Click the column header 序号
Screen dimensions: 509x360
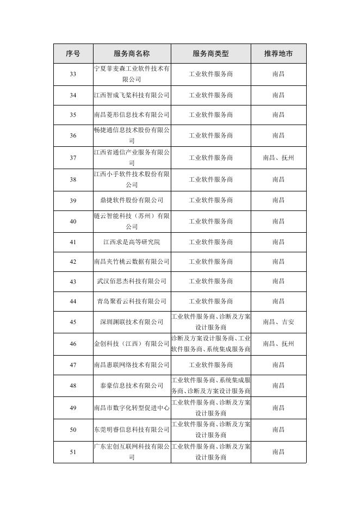pyautogui.click(x=73, y=53)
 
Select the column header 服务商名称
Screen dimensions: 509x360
pyautogui.click(x=132, y=53)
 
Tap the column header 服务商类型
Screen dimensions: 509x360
pyautogui.click(x=210, y=53)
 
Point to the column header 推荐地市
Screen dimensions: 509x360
pyautogui.click(x=278, y=53)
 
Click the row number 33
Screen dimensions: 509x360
pyautogui.click(x=73, y=74)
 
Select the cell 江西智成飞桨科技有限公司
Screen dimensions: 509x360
pyautogui.click(x=132, y=95)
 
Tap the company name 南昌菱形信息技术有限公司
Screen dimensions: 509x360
pyautogui.click(x=132, y=115)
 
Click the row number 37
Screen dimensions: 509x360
pyautogui.click(x=73, y=158)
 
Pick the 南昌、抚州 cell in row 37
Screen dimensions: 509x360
pyautogui.click(x=278, y=158)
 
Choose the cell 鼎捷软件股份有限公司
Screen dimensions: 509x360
pyautogui.click(x=132, y=200)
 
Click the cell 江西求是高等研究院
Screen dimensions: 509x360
pyautogui.click(x=132, y=242)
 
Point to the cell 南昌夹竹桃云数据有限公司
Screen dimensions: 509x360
pyautogui.click(x=132, y=262)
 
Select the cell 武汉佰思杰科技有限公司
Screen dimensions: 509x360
pyautogui.click(x=132, y=281)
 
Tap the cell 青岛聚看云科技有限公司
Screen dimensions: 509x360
pyautogui.click(x=132, y=301)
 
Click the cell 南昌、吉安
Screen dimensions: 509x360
pyautogui.click(x=278, y=322)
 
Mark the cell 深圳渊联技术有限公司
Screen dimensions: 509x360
pyautogui.click(x=132, y=322)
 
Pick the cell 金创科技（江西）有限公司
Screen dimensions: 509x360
pyautogui.click(x=132, y=344)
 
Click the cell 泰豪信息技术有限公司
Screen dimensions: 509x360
pyautogui.click(x=132, y=386)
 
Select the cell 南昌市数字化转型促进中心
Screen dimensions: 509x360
pyautogui.click(x=132, y=408)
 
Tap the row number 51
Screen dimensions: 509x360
pyautogui.click(x=73, y=452)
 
